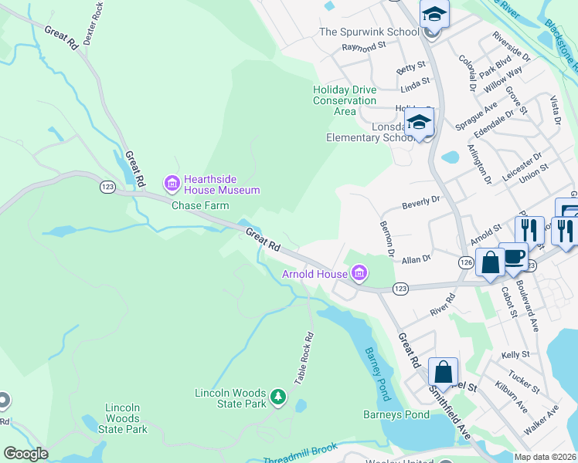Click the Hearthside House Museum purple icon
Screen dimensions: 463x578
coord(171,183)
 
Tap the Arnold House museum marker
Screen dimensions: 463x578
coord(358,273)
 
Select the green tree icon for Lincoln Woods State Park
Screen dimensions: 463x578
coord(278,398)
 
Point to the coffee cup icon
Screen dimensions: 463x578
coord(513,257)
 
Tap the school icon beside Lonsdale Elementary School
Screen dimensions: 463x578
coord(420,123)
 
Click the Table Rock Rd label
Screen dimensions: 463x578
coord(304,359)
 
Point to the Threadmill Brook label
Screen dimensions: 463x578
coord(301,454)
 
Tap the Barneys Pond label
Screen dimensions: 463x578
coord(396,414)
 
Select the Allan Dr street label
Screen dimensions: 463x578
coord(416,261)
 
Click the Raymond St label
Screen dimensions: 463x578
coord(364,46)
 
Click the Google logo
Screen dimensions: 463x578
coord(25,454)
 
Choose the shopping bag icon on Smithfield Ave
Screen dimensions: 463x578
coord(444,372)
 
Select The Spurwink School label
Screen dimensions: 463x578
coord(369,32)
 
